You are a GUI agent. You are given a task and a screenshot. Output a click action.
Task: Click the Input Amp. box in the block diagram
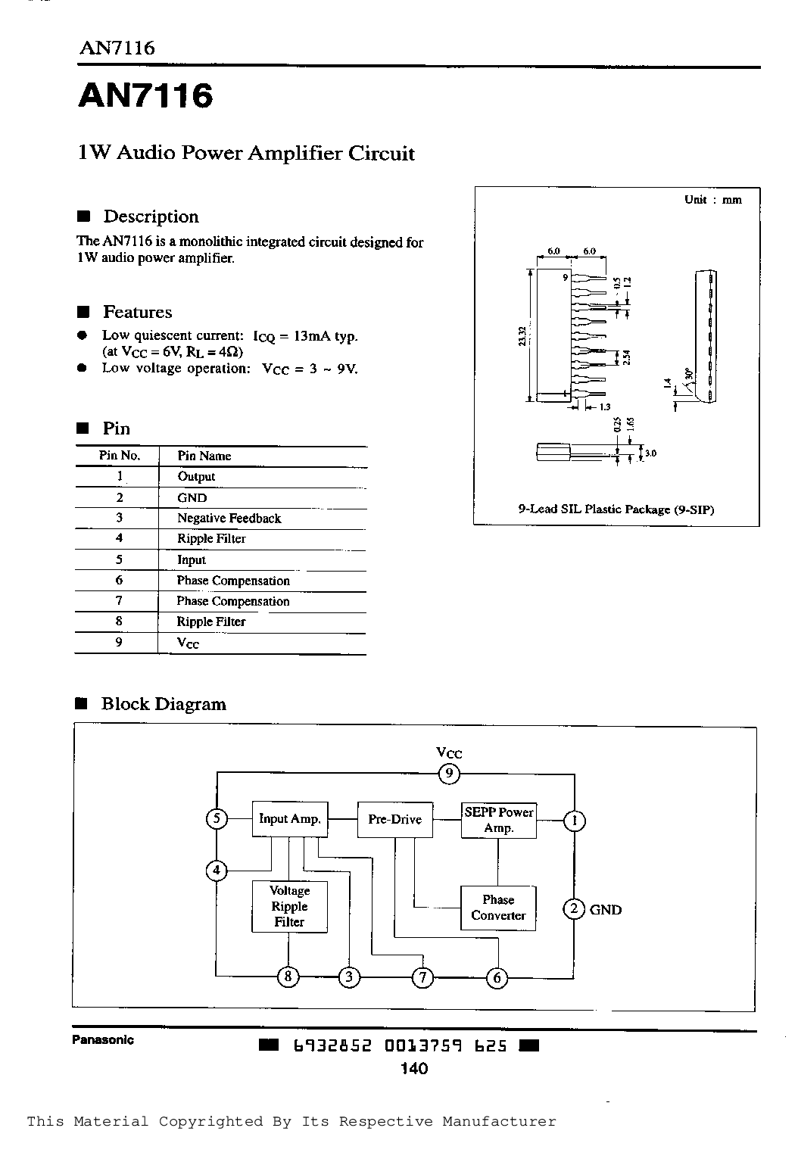289,819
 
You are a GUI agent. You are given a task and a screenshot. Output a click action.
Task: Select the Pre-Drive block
395,819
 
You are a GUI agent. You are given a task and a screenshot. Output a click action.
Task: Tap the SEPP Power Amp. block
499,820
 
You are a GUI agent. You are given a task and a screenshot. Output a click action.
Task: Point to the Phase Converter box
498,908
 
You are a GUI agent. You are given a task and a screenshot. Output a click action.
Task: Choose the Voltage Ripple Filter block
289,906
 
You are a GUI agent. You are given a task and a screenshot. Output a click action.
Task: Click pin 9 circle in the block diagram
449,774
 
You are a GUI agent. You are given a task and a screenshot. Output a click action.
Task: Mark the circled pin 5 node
217,818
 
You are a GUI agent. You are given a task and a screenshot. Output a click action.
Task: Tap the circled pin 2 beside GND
574,908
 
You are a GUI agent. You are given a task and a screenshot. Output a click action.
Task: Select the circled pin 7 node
423,977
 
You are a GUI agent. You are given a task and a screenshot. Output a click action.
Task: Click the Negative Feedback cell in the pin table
229,519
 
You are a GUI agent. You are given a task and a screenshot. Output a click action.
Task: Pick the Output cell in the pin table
196,477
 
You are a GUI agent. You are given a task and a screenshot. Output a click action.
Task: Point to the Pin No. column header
120,456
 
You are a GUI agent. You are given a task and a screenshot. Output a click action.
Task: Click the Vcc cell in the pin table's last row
188,643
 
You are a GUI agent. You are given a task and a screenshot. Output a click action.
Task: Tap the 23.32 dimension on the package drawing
522,335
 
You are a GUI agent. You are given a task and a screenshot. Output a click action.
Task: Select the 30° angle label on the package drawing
688,373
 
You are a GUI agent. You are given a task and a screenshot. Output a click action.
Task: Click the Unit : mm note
713,200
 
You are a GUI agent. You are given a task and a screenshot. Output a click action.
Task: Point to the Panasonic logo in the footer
103,1040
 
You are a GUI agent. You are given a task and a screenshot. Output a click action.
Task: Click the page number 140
415,1069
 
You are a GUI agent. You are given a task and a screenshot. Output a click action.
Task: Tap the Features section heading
138,312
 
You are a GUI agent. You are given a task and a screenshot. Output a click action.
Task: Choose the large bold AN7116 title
146,96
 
